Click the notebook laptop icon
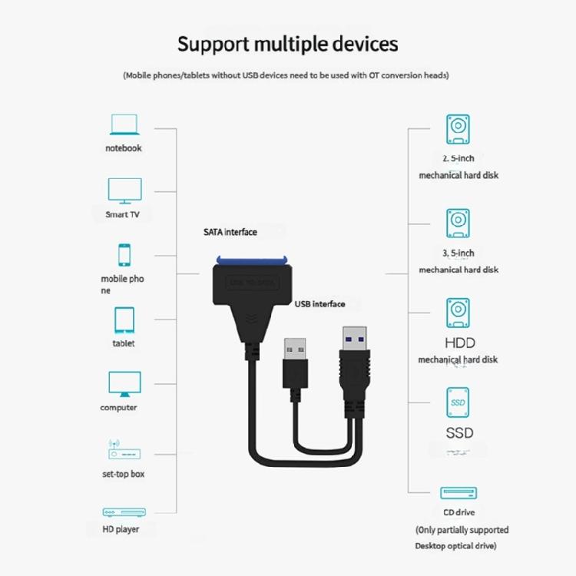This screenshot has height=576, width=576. [x=124, y=124]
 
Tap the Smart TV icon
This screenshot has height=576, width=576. [x=124, y=190]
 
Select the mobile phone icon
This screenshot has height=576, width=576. [x=124, y=255]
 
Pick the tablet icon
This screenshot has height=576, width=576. [x=124, y=320]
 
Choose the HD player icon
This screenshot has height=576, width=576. [x=123, y=512]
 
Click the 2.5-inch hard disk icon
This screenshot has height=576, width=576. [x=458, y=129]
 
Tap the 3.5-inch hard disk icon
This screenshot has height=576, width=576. [x=458, y=223]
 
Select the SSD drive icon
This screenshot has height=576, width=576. [x=458, y=402]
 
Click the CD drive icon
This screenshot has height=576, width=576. [x=458, y=493]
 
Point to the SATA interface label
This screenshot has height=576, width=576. [x=230, y=232]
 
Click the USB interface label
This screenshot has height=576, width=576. [x=319, y=304]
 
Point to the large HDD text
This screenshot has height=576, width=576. [x=459, y=343]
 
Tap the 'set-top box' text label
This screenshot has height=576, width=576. [x=123, y=474]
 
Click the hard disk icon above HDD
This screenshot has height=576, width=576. [x=458, y=313]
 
